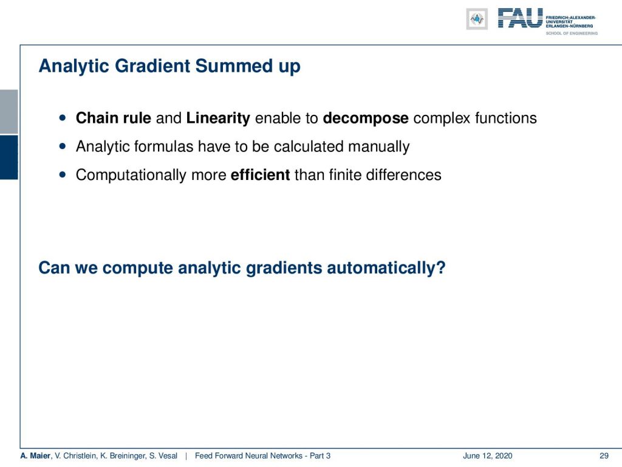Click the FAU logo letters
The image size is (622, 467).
pos(520,18)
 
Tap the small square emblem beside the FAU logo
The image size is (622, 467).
pos(477,19)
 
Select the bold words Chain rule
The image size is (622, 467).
pos(114,118)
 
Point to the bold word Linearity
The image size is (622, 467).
pos(218,119)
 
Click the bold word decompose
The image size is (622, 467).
pos(365,119)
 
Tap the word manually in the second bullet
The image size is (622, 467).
pos(379,147)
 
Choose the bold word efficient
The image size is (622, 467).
pos(260,175)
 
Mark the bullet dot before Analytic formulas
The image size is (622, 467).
pos(63,146)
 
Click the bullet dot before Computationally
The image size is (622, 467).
pos(63,175)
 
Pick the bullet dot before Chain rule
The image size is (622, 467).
pos(63,117)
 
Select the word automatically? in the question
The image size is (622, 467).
pos(386,268)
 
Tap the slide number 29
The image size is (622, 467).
pos(604,456)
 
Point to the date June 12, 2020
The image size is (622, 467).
pos(488,456)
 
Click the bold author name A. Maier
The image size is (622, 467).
pos(35,456)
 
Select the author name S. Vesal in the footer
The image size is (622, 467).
pos(163,456)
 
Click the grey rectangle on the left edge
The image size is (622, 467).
pos(9,112)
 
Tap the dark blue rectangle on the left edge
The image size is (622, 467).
pos(9,157)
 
